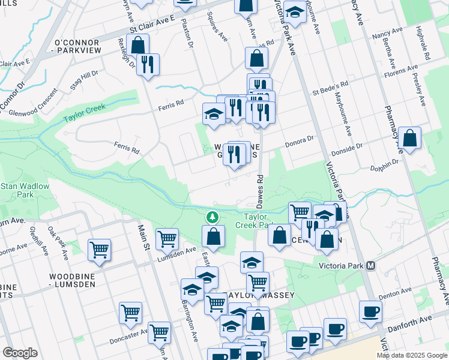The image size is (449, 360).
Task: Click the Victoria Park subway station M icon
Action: [x=371, y=265]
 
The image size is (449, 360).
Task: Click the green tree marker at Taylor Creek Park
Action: [x=211, y=216]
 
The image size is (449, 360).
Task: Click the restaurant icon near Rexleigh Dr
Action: [x=147, y=64]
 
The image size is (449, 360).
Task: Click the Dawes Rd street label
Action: [x=260, y=186]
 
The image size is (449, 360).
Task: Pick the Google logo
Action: [x=20, y=353]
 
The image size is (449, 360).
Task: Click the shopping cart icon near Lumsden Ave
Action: [x=167, y=238]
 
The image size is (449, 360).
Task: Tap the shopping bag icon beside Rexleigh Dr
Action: [x=137, y=45]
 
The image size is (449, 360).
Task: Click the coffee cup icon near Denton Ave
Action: [x=370, y=312]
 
